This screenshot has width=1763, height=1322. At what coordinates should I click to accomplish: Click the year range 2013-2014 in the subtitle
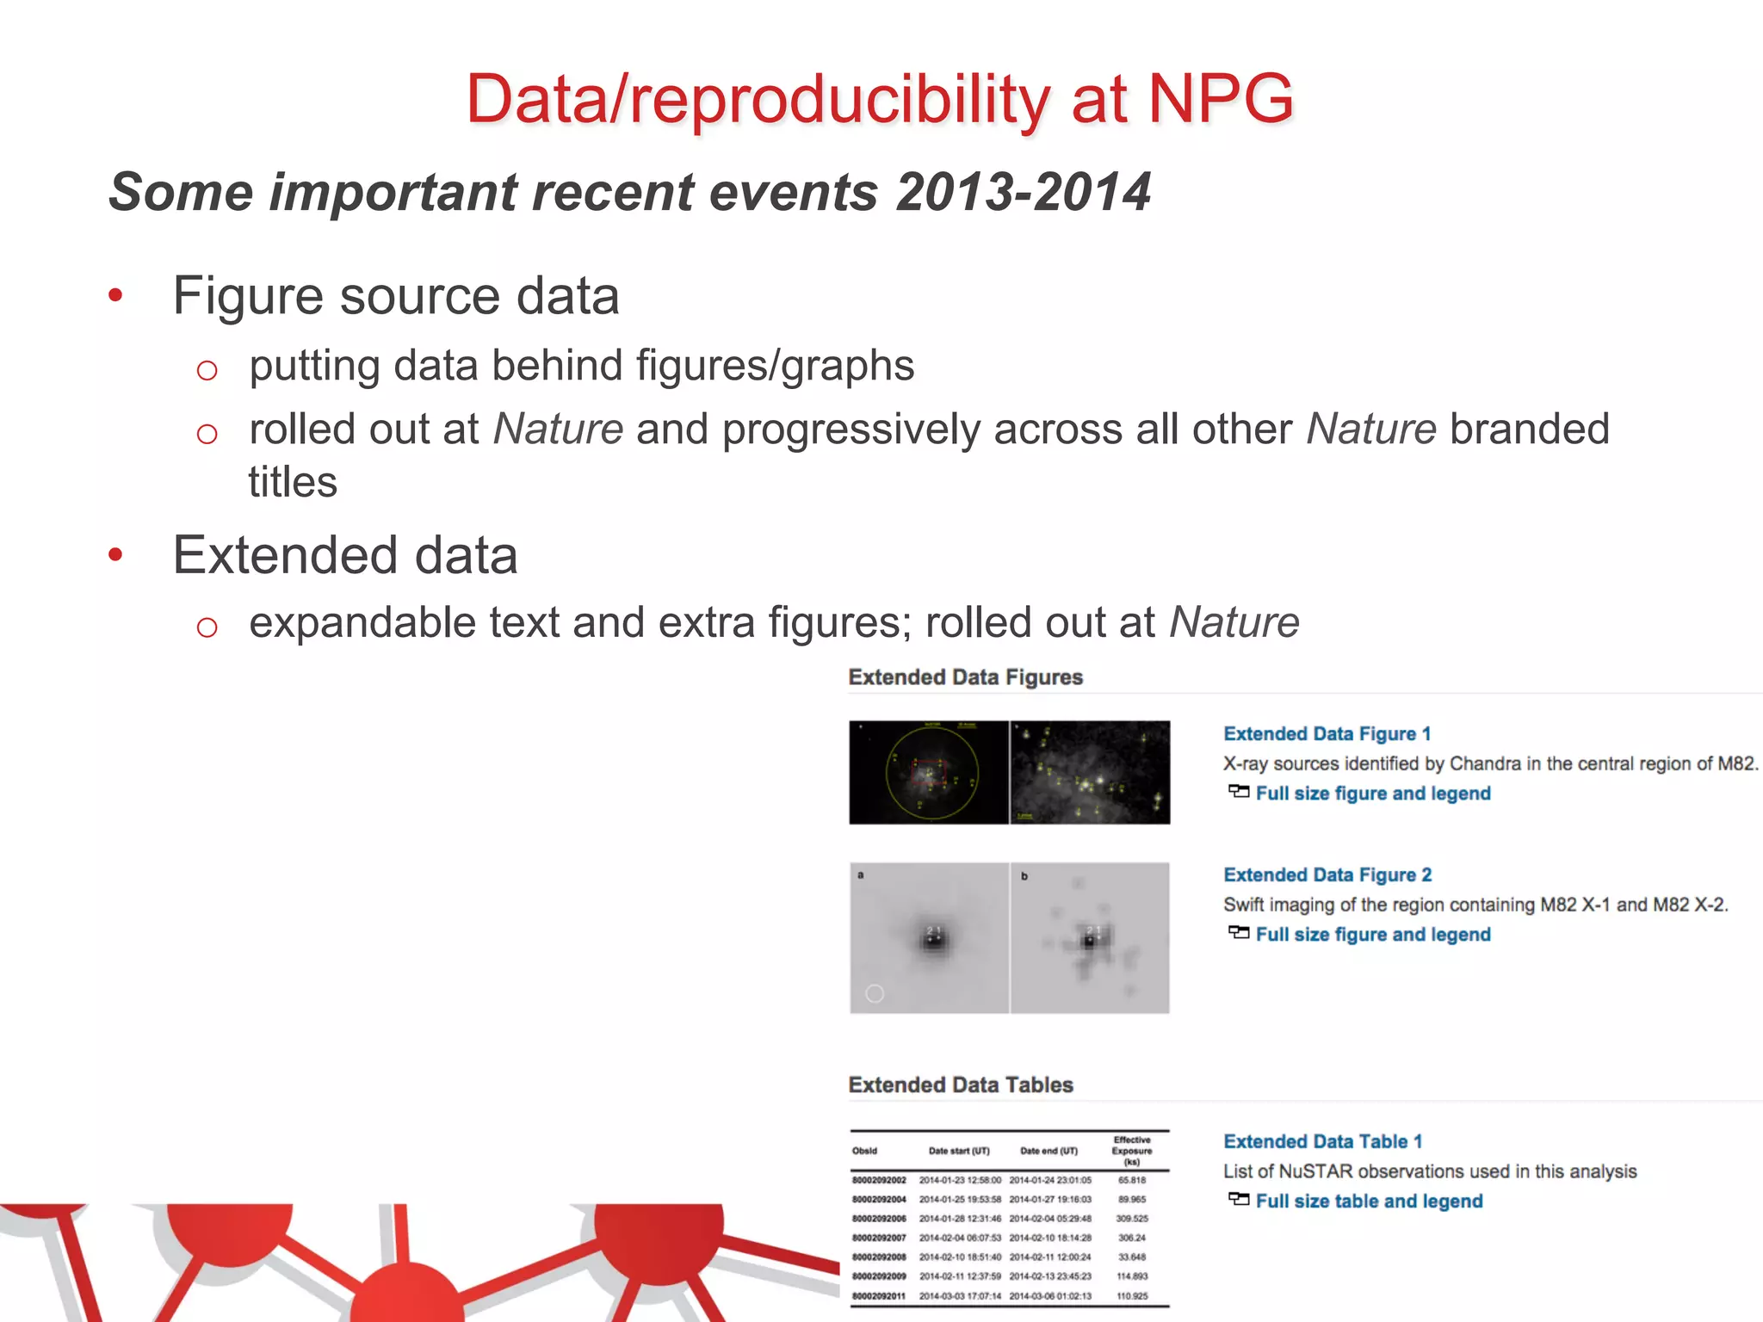(1023, 192)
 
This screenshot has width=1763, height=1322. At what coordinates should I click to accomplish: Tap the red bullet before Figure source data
(115, 297)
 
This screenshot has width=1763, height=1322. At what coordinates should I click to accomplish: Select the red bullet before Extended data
(115, 556)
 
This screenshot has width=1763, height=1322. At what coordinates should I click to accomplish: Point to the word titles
(293, 482)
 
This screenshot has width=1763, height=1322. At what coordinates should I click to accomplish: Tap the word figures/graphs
(775, 366)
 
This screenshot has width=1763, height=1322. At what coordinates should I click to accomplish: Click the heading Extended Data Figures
(965, 677)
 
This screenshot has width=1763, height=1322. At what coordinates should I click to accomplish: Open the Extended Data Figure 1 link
(1327, 734)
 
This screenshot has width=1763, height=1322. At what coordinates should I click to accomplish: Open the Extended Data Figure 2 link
(1327, 875)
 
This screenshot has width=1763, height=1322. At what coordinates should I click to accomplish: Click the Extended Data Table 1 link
(1322, 1142)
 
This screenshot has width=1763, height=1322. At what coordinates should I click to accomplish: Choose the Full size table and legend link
(1369, 1202)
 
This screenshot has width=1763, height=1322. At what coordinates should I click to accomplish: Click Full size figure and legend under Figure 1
(1373, 794)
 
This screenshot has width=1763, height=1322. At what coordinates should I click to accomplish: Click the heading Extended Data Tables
(961, 1085)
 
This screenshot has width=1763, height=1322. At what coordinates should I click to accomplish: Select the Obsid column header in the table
(864, 1152)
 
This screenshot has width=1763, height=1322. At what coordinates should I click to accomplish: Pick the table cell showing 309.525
(1132, 1219)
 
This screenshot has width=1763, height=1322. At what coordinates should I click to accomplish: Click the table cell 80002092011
(879, 1296)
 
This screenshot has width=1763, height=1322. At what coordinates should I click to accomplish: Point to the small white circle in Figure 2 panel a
(875, 994)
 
